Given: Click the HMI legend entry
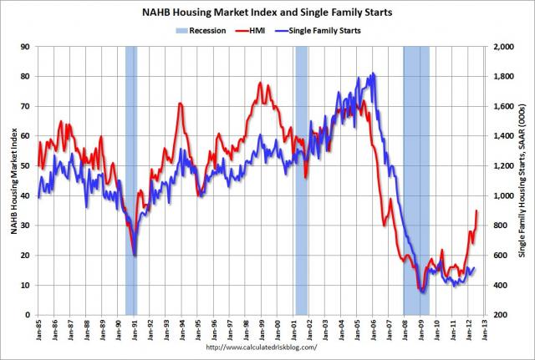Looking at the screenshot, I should tap(256, 29).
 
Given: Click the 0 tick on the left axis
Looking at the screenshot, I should tap(27, 315).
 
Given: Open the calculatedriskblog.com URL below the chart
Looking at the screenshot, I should tap(261, 347).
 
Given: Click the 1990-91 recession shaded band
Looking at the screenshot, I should tap(131, 180).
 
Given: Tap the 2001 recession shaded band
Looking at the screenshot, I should tap(302, 180).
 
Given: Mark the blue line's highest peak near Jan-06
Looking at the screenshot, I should tap(373, 74).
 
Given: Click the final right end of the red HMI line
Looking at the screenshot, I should tap(476, 210).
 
